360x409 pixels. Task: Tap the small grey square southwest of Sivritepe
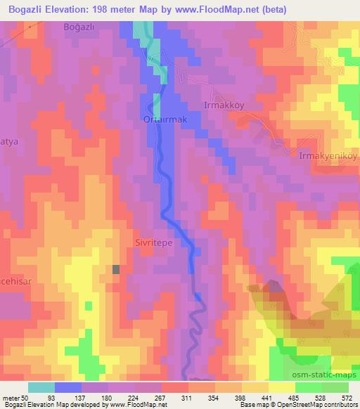(116, 268)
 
